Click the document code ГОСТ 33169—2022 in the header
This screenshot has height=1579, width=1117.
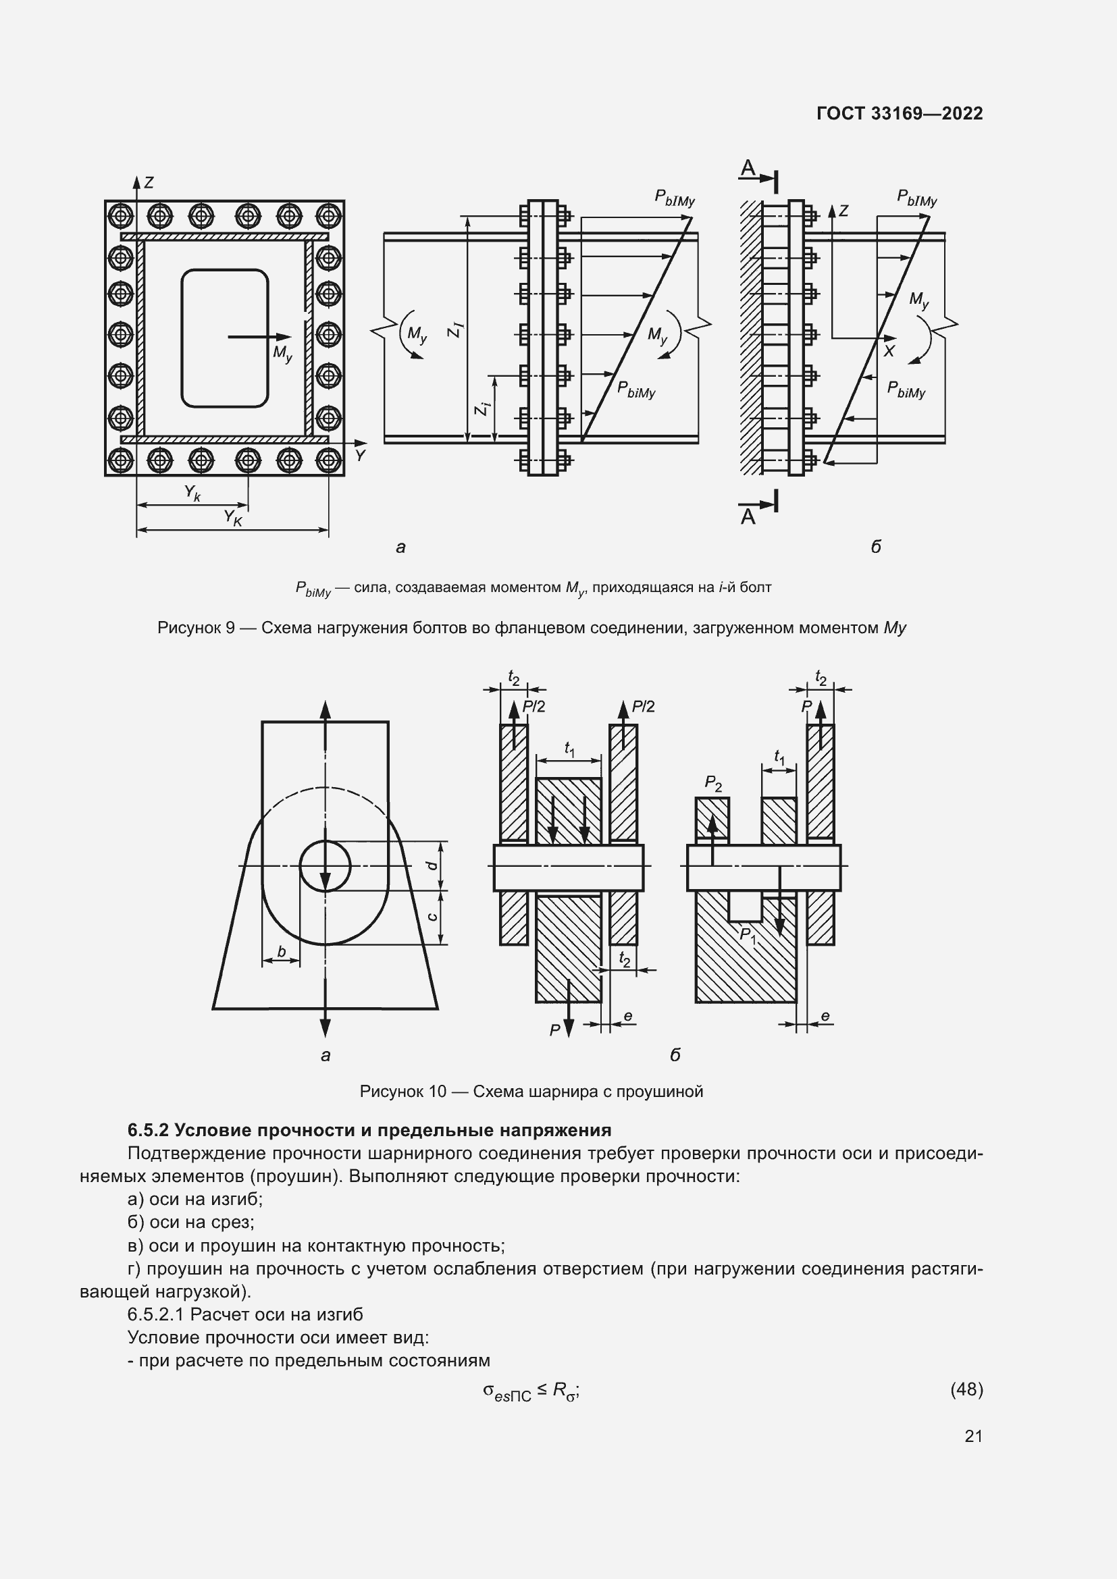pyautogui.click(x=899, y=113)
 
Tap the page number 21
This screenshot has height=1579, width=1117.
pyautogui.click(x=973, y=1436)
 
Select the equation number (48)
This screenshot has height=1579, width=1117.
pyautogui.click(x=966, y=1389)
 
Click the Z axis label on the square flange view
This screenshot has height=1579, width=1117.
pyautogui.click(x=148, y=183)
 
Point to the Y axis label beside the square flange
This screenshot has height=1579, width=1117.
pyautogui.click(x=360, y=455)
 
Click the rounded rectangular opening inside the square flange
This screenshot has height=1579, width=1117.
pyautogui.click(x=224, y=338)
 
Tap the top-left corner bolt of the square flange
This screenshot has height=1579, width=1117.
pyautogui.click(x=120, y=216)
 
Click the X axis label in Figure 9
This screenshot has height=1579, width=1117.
pyautogui.click(x=889, y=352)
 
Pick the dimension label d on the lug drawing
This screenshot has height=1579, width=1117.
pyautogui.click(x=433, y=865)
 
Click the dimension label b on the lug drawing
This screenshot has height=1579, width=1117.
pyautogui.click(x=281, y=951)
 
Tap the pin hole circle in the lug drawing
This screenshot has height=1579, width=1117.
pyautogui.click(x=325, y=866)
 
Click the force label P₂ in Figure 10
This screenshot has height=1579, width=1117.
pyautogui.click(x=713, y=783)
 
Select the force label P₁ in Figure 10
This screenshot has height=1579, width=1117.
pyautogui.click(x=748, y=936)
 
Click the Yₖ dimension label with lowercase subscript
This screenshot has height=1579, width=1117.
pyautogui.click(x=192, y=493)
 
